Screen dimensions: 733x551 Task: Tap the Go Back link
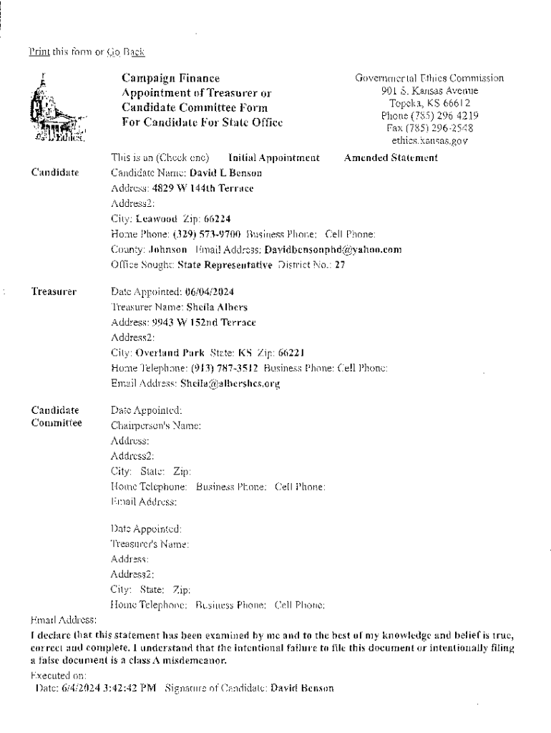tap(126, 52)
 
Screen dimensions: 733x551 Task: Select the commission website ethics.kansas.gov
tap(429, 141)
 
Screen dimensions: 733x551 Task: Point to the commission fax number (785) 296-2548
tap(429, 128)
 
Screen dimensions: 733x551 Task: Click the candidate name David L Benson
tap(215, 173)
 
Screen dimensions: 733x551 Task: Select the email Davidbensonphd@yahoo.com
tap(333, 250)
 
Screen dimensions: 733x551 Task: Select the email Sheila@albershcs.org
tap(230, 384)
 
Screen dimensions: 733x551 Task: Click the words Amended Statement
tap(391, 157)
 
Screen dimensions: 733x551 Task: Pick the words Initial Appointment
tap(273, 157)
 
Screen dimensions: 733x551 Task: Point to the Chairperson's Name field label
tap(155, 425)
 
